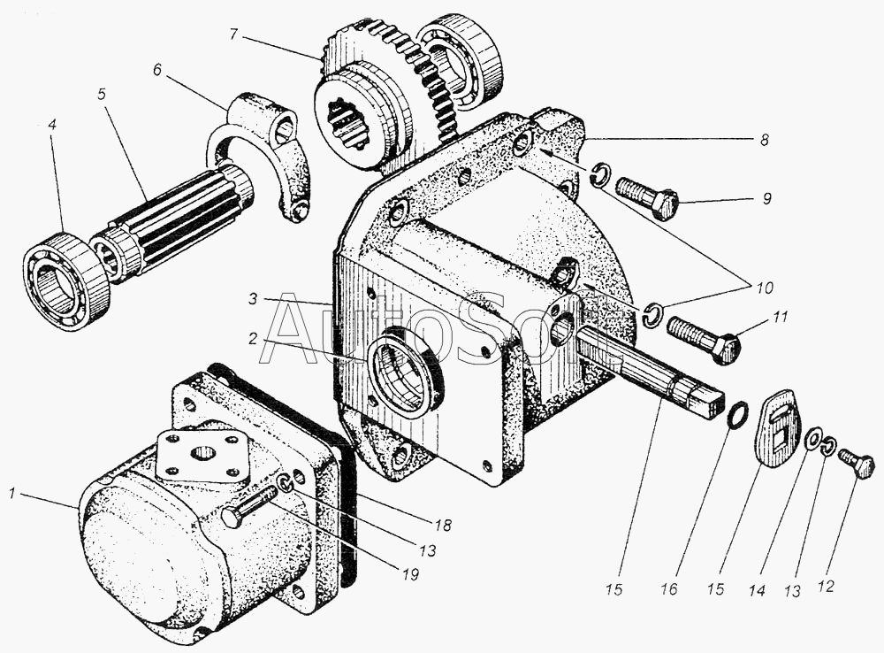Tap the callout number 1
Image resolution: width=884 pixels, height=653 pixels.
[x=11, y=494]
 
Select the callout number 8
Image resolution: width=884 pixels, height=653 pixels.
[x=764, y=140]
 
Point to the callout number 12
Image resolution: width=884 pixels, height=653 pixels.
[x=825, y=587]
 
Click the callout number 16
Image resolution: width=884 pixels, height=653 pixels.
[x=668, y=590]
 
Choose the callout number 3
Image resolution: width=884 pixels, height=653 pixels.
[x=252, y=298]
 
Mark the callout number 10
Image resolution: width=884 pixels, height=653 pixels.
[x=764, y=288]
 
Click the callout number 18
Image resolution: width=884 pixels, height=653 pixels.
[x=443, y=525]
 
